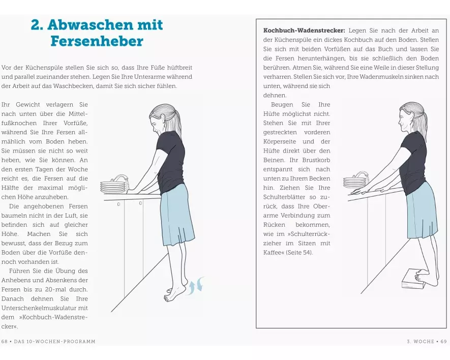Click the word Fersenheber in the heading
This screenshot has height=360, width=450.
coord(97,41)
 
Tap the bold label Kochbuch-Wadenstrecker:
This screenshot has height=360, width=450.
coord(305,31)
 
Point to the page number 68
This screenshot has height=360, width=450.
coord(4,341)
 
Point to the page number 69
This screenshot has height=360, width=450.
coord(444,341)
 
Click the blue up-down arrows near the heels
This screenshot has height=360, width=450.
coord(197,285)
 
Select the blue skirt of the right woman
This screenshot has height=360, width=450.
coord(422,211)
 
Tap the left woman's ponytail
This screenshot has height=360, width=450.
coord(176,122)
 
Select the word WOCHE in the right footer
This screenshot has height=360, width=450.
coord(424,341)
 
